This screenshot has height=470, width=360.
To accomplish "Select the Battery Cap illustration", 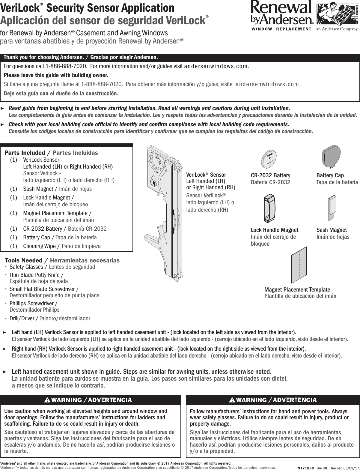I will (331, 156).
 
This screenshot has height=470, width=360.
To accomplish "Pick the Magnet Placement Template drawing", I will (299, 265).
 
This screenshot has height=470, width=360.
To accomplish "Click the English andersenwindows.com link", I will (216, 66).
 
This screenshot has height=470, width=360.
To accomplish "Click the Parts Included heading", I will (25, 153).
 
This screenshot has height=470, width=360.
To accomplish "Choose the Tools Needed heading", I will (24, 260).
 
